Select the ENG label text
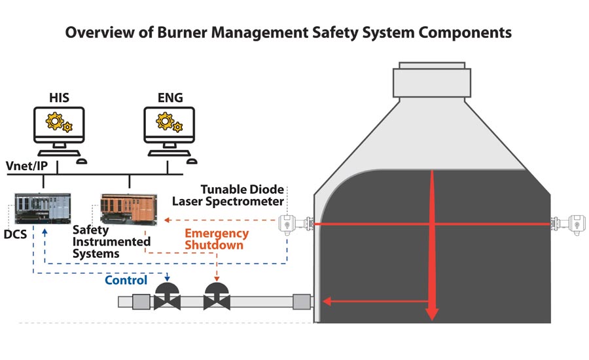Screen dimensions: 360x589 tap(171, 98)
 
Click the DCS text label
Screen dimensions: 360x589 tap(15, 232)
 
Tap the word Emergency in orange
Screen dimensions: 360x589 tap(217, 234)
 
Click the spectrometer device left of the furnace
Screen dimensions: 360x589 tap(289, 224)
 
